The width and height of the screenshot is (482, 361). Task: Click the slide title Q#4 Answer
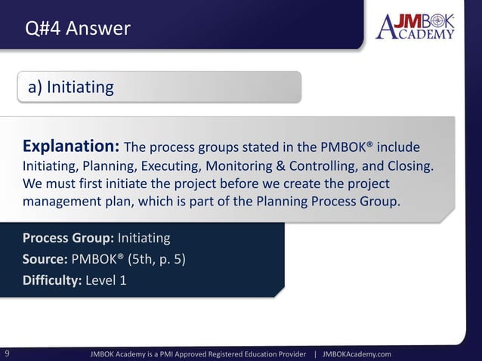point(78,29)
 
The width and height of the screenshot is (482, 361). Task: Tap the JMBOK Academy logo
point(415,26)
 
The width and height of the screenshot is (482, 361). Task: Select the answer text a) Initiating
point(71,88)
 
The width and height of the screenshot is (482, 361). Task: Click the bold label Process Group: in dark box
point(68,239)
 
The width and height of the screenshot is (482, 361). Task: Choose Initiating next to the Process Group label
point(144,239)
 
